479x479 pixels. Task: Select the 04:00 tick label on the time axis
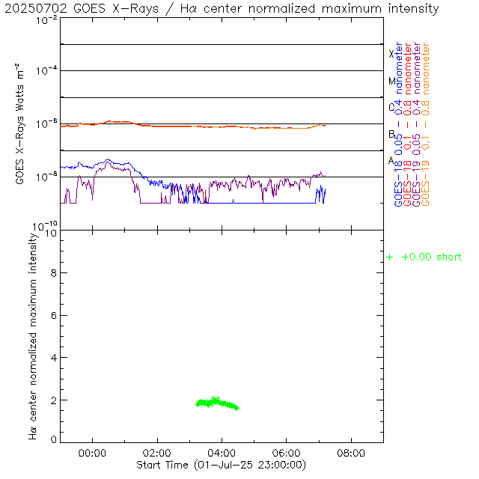pyautogui.click(x=222, y=454)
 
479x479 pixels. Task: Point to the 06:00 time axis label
pyautogui.click(x=287, y=454)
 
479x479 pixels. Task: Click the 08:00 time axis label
pyautogui.click(x=351, y=454)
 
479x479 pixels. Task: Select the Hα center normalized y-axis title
pyautogui.click(x=33, y=335)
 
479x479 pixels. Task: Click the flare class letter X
pyautogui.click(x=391, y=54)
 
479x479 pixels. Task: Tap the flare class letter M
pyautogui.click(x=391, y=81)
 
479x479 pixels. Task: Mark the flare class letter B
pyautogui.click(x=391, y=134)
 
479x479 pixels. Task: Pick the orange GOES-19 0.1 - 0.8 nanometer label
pyautogui.click(x=426, y=124)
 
